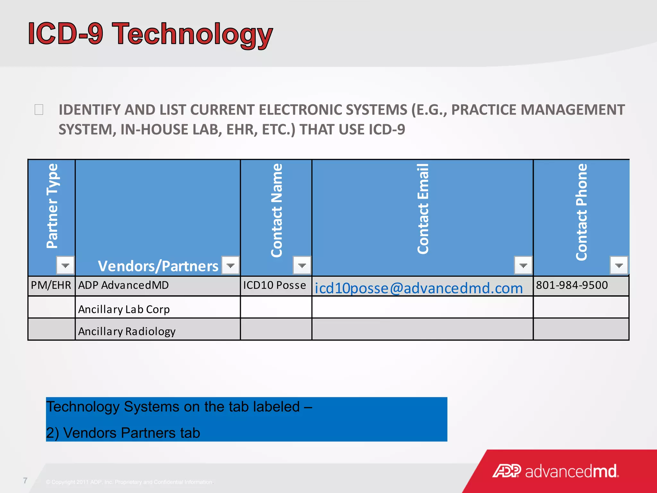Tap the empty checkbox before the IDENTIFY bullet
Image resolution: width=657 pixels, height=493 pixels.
(x=39, y=110)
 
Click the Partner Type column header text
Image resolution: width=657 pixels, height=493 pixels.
(x=52, y=206)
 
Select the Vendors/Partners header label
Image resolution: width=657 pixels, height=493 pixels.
(x=158, y=266)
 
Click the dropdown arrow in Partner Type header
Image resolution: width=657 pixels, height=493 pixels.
(x=65, y=265)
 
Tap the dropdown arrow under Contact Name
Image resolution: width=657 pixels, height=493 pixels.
(x=302, y=265)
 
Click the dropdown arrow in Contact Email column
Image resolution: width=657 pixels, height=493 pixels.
(x=523, y=265)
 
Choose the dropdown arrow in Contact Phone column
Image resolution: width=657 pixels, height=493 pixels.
(x=619, y=265)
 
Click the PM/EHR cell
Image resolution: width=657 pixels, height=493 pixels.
(x=51, y=285)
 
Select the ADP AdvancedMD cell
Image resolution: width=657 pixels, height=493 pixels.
(x=124, y=285)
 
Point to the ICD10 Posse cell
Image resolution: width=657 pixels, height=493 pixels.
(x=275, y=285)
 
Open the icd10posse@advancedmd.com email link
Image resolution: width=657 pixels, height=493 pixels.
(x=419, y=288)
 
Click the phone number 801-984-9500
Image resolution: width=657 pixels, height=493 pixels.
(x=572, y=285)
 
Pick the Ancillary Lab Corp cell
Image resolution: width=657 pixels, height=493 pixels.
(x=124, y=309)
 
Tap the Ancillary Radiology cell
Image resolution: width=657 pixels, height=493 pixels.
(x=127, y=331)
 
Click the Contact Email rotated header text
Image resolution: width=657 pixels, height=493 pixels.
(x=423, y=209)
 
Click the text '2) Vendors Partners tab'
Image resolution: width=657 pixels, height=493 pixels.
(x=123, y=433)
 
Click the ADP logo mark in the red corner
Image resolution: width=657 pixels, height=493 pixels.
(x=507, y=471)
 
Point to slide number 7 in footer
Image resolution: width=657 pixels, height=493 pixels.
(x=25, y=480)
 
